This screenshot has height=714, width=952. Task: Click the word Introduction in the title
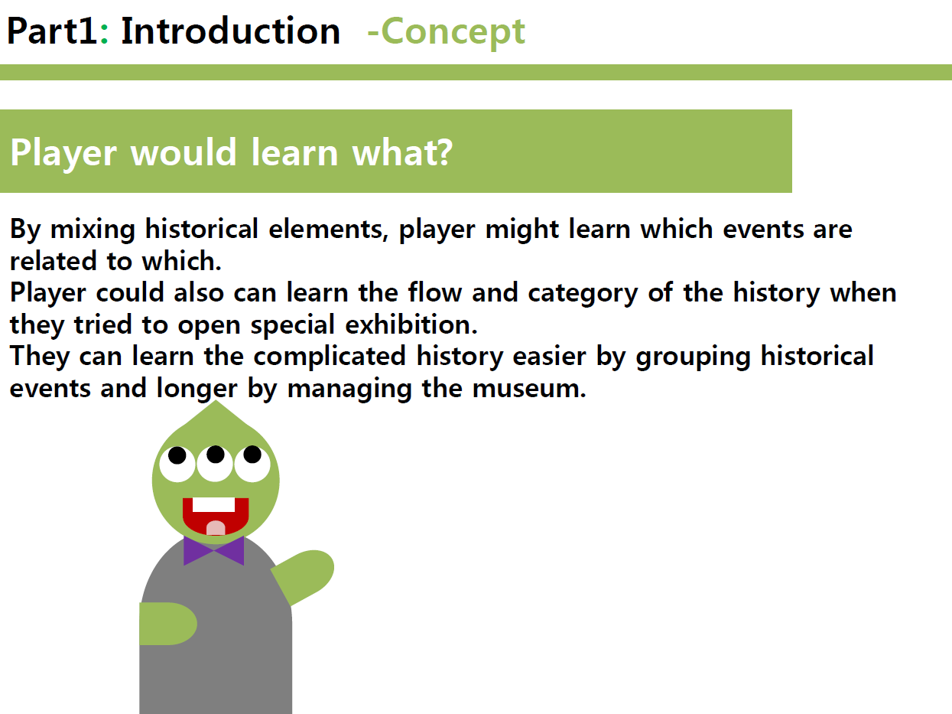tap(230, 31)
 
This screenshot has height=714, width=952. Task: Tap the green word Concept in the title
tap(453, 34)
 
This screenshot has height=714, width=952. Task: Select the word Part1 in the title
tap(52, 31)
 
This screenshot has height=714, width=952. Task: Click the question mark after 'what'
tap(444, 152)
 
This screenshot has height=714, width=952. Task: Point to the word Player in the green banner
tap(63, 155)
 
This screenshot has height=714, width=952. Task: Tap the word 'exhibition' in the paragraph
tap(411, 324)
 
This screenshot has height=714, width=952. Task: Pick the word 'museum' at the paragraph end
tap(529, 389)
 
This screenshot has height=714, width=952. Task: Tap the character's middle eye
tap(215, 463)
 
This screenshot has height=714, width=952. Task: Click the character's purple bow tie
tap(214, 551)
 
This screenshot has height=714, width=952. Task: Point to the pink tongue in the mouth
tap(216, 528)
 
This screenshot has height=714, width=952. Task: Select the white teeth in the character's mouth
tap(214, 505)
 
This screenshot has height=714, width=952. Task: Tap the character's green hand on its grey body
tap(167, 624)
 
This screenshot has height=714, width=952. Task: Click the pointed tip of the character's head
tap(216, 401)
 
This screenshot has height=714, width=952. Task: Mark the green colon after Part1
tap(104, 34)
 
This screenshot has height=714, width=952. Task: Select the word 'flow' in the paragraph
tap(435, 292)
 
